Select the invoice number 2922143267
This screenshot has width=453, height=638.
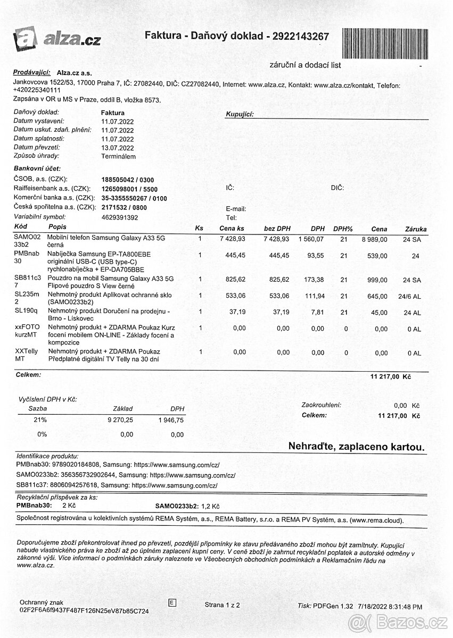300,36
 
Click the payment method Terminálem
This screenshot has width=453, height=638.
118,156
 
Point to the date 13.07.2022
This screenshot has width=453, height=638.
117,148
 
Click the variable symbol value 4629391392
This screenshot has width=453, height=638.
119,217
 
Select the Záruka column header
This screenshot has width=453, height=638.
415,229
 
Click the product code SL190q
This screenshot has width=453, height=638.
25,310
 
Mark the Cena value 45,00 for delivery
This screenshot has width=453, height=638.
380,313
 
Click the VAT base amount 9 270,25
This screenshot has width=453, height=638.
120,420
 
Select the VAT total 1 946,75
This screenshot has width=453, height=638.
171,420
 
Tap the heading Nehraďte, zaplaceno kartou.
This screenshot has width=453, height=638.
357,447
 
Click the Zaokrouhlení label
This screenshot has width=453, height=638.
321,405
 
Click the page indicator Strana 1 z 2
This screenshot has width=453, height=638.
223,605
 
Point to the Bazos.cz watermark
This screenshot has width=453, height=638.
398,622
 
